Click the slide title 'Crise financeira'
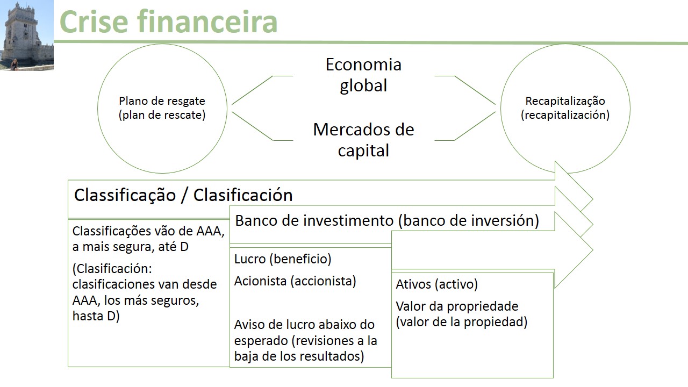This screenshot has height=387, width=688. coord(168,21)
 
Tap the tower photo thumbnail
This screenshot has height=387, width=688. coord(26,35)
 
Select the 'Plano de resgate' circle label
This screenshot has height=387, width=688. coord(162,101)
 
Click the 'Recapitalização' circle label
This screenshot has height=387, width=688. coord(565,101)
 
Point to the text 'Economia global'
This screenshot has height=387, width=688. coord(363,75)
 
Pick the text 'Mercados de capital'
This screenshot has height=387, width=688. coord(363,140)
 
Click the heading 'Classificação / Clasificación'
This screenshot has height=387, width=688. coord(183,195)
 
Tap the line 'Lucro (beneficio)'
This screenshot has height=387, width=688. coord(283,259)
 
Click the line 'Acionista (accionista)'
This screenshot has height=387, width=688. coord(295,281)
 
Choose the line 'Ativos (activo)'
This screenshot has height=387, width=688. coord(436,284)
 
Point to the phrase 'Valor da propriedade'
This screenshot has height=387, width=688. coord(457,306)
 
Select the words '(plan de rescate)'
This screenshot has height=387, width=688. coord(162,115)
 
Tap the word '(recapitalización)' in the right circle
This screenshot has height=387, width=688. coord(565,115)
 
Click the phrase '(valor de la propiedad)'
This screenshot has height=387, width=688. coord(462,322)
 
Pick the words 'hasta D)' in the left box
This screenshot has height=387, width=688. coord(96,316)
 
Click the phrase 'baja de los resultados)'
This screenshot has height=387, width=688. coord(299,356)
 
